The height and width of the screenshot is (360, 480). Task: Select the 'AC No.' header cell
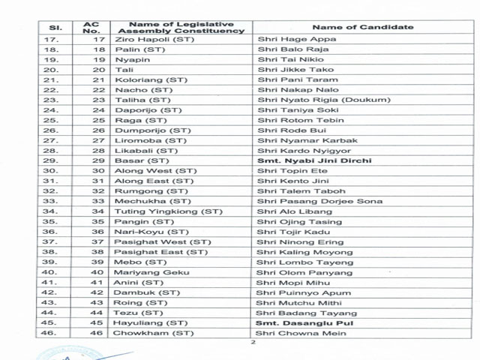pyautogui.click(x=90, y=27)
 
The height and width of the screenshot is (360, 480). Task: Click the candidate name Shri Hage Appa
pyautogui.click(x=286, y=39)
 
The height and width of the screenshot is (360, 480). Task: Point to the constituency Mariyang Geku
pyautogui.click(x=147, y=272)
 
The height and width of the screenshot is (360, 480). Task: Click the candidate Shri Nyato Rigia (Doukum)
pyautogui.click(x=313, y=100)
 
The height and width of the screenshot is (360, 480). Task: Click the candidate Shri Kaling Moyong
pyautogui.click(x=295, y=252)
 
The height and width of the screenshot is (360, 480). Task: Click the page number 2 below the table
pyautogui.click(x=253, y=343)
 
